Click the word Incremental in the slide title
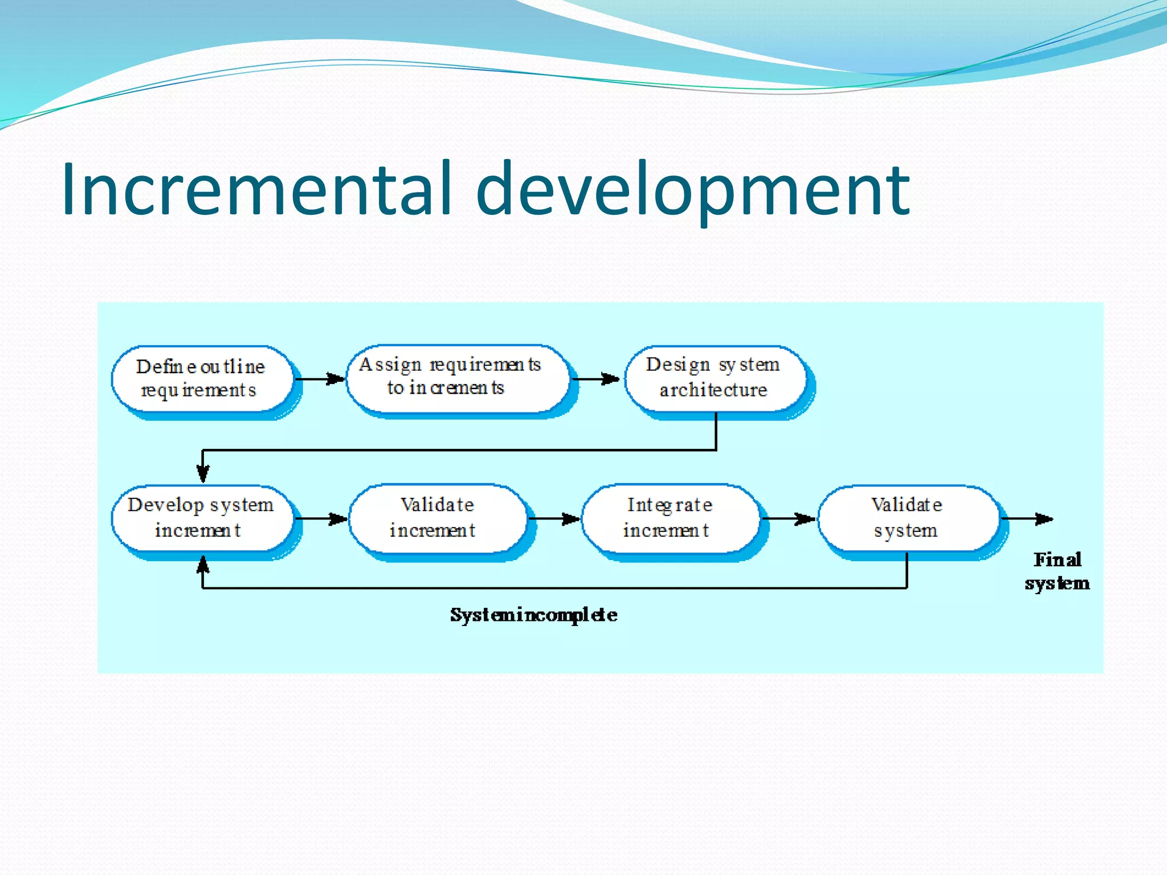(256, 189)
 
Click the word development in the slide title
(692, 189)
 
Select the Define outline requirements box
(202, 378)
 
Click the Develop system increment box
(202, 518)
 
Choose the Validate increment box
(438, 518)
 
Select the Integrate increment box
(670, 518)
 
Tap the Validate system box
(908, 518)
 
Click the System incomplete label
(533, 615)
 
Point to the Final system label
(1057, 571)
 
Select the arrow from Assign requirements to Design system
(596, 379)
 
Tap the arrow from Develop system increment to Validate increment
(321, 518)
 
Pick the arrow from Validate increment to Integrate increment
(554, 518)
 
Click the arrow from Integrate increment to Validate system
(789, 518)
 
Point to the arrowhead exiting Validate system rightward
(1043, 518)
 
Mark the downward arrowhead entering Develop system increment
(203, 473)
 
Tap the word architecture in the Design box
(713, 390)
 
